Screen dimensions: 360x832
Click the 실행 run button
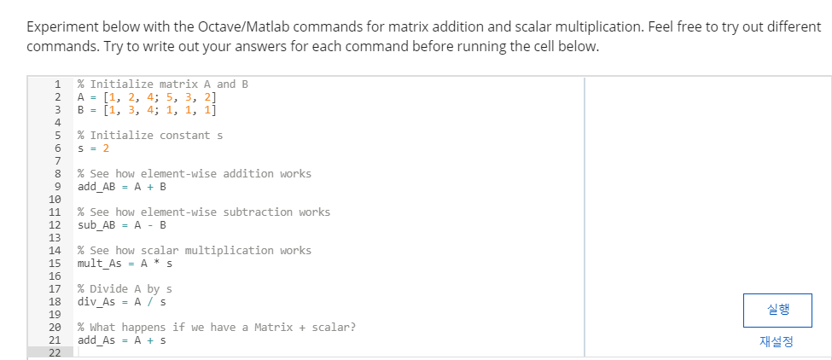777,309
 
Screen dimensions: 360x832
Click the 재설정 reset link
777,341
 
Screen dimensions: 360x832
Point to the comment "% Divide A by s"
125,289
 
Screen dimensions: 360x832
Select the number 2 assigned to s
106,148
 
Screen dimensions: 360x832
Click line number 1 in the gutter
58,84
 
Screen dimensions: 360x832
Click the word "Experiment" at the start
62,27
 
